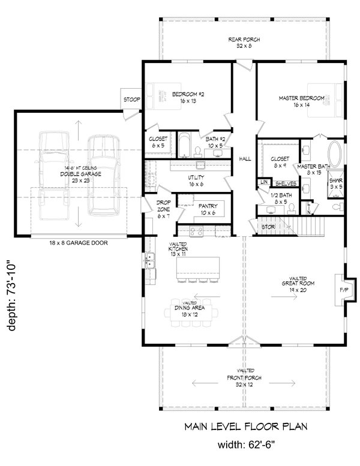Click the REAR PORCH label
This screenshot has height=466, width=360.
243,42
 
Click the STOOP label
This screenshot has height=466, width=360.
131,100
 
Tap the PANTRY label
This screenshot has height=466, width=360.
208,209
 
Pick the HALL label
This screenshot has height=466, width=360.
245,158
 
